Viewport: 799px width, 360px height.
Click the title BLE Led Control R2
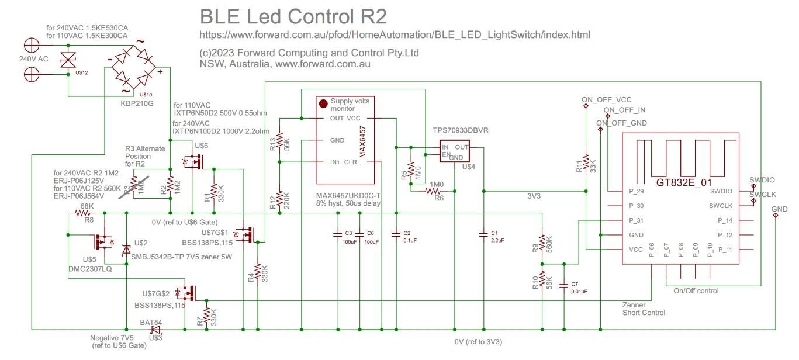click(x=293, y=16)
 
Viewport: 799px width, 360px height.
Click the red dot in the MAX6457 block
click(x=323, y=103)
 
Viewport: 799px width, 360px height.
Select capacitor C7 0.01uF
click(x=563, y=286)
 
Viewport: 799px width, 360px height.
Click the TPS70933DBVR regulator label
click(x=461, y=131)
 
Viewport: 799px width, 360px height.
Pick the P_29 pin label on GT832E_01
click(x=636, y=192)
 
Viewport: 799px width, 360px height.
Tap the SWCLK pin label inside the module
click(x=720, y=206)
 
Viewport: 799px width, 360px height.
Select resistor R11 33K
click(x=585, y=167)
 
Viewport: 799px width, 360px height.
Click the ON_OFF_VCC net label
click(x=606, y=100)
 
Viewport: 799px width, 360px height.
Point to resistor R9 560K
click(x=542, y=241)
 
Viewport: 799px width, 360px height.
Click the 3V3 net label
click(x=534, y=196)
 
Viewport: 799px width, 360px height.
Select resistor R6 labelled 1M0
click(x=435, y=191)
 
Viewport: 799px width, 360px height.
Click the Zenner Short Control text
click(x=644, y=309)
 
